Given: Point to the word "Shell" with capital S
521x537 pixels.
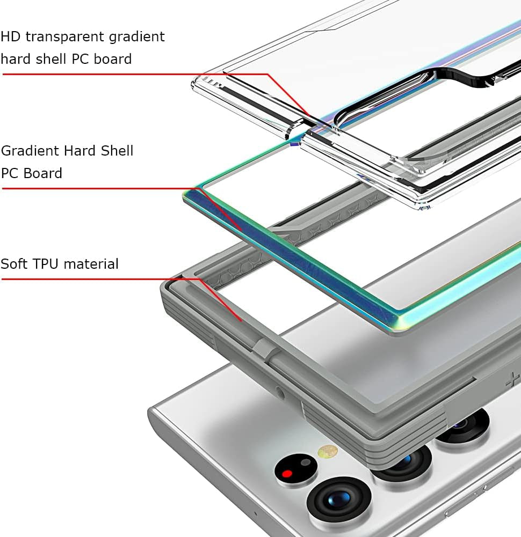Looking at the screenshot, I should coord(117,151).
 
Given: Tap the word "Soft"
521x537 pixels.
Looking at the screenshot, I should coord(15,264).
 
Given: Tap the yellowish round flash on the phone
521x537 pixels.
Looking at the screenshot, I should coord(327,451).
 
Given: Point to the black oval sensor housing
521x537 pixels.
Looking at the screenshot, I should coord(295,470).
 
